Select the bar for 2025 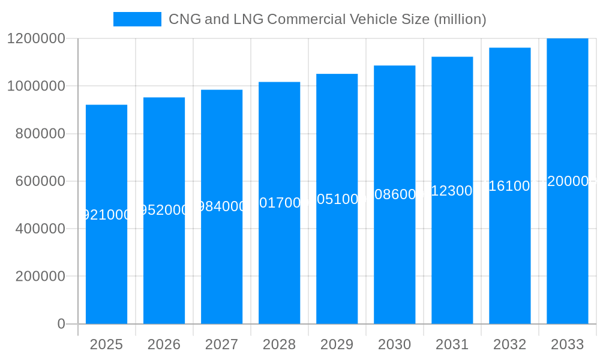(106, 264)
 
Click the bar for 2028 (279, 252)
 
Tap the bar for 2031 (452, 252)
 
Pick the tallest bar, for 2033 (567, 252)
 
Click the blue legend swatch (137, 19)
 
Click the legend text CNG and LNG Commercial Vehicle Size (327, 19)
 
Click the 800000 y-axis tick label (40, 134)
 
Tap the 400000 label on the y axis (40, 229)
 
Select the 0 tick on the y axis (61, 324)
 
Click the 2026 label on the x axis (164, 344)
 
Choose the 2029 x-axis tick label (337, 344)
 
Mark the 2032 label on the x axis (509, 344)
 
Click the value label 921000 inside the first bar (106, 215)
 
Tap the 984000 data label (221, 206)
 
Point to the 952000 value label (164, 211)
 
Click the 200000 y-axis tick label (40, 277)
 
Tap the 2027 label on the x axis (221, 344)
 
